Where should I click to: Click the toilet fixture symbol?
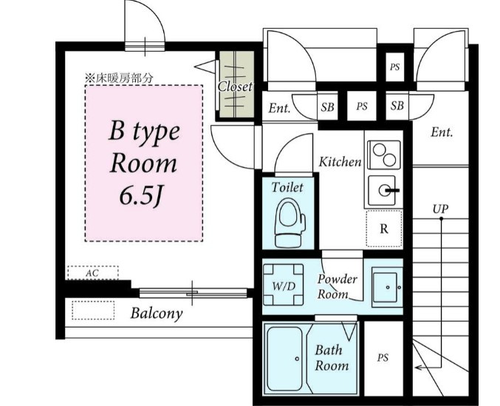[x=290, y=223]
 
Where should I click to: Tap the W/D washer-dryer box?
[x=283, y=285]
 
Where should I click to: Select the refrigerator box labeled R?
[x=384, y=229]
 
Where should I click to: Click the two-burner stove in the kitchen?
[x=384, y=155]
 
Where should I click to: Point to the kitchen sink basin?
[x=382, y=191]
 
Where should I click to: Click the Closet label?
[x=235, y=87]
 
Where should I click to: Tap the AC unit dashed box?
[x=93, y=273]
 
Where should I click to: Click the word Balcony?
[x=157, y=314]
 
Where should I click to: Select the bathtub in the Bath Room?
[x=284, y=359]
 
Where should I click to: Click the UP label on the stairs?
[x=440, y=209]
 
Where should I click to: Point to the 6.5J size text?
[x=141, y=195]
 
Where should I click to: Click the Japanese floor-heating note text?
[x=119, y=78]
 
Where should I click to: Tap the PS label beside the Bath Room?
[x=383, y=358]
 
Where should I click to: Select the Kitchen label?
[x=340, y=162]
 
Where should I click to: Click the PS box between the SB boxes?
[x=362, y=106]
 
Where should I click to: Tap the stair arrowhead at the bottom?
[x=419, y=368]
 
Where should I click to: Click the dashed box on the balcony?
[x=93, y=311]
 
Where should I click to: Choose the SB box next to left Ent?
[x=327, y=106]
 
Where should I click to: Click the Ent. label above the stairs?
[x=442, y=132]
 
